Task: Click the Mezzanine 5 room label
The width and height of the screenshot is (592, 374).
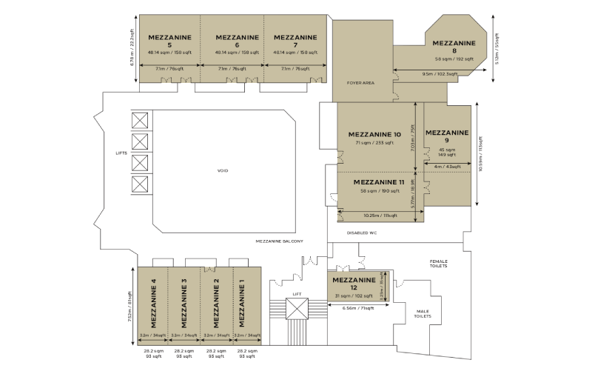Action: (x=169, y=40)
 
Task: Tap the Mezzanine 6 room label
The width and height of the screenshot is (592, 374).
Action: (x=236, y=40)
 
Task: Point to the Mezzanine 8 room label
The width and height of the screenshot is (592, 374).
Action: (x=454, y=47)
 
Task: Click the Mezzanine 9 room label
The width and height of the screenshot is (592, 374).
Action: (x=447, y=136)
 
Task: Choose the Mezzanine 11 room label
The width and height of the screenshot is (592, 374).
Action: (x=378, y=182)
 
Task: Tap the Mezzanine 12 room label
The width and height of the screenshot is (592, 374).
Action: (x=354, y=284)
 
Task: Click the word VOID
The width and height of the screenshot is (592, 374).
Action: (x=223, y=171)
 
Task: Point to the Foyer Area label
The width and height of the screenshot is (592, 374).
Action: (x=360, y=83)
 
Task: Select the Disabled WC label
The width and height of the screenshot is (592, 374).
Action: (x=363, y=233)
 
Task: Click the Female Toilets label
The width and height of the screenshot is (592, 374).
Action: (x=440, y=264)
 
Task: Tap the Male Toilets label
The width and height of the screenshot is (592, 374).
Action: (x=423, y=314)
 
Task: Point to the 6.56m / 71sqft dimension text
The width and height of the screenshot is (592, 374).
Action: (x=357, y=307)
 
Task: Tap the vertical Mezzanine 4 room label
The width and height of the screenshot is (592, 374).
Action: (x=153, y=303)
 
